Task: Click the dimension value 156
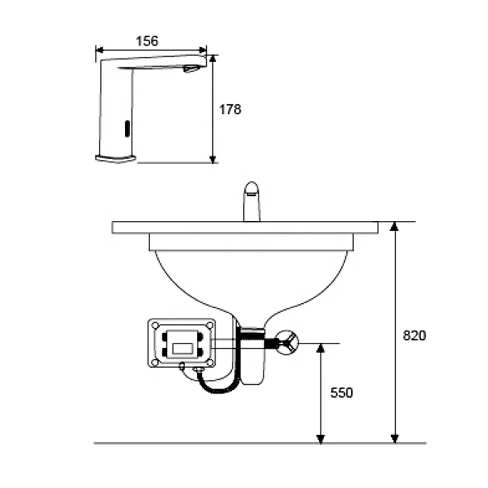(x=146, y=41)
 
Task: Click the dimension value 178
(x=230, y=109)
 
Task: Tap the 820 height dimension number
(x=414, y=335)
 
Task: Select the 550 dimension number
(x=342, y=393)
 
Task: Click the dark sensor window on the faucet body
(x=127, y=128)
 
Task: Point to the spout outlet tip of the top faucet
(x=192, y=68)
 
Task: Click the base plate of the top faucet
(x=116, y=159)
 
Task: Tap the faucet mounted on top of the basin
(x=252, y=201)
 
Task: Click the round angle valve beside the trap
(x=287, y=343)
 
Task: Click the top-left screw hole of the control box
(x=156, y=325)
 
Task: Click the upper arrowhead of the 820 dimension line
(x=395, y=226)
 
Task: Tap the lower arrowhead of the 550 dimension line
(x=320, y=439)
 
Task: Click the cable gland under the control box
(x=197, y=370)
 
